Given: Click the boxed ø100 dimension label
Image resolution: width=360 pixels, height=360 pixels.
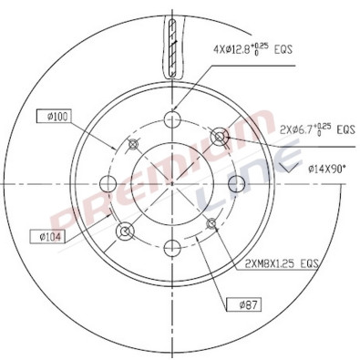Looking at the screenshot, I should [55, 117].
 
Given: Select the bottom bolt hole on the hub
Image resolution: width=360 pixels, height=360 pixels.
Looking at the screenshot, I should [173, 244].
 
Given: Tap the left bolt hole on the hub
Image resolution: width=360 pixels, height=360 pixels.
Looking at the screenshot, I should [110, 181].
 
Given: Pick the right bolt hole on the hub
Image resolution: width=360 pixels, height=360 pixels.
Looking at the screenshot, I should [236, 181].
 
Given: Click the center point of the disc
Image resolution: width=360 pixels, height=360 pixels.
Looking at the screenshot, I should [173, 181].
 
